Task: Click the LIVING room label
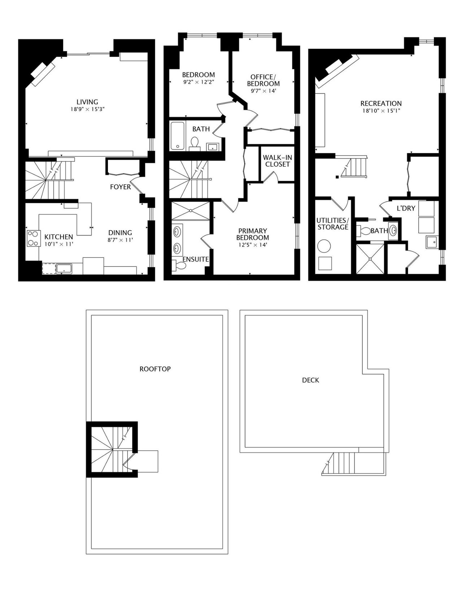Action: (x=87, y=102)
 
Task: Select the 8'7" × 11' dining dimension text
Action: (x=120, y=240)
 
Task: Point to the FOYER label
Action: (x=121, y=187)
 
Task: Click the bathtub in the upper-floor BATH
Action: (x=178, y=136)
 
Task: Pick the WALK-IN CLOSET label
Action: (x=278, y=161)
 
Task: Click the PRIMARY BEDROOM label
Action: (x=252, y=234)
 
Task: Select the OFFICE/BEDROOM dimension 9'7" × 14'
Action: (x=263, y=91)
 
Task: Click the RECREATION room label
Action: (x=381, y=104)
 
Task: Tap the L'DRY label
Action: (x=406, y=208)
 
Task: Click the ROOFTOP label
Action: (x=155, y=369)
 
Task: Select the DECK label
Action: (x=310, y=380)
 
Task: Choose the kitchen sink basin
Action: (x=64, y=269)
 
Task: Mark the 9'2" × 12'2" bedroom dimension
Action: (x=199, y=82)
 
